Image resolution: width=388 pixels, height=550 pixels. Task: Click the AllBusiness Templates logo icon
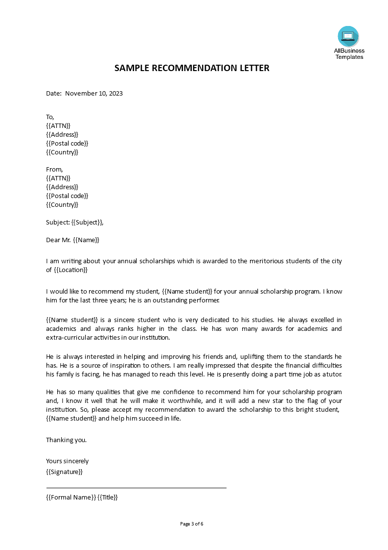tap(348, 36)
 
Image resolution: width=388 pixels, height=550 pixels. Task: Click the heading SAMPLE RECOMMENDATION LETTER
tap(192, 68)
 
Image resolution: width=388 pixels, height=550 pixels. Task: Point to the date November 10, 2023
tap(94, 93)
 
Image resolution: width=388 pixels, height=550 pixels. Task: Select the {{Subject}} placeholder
tap(87, 222)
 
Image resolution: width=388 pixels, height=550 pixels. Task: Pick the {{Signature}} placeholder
tap(64, 472)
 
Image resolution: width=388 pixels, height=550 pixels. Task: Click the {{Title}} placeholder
tap(108, 497)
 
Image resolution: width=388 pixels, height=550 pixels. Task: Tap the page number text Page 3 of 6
tap(192, 524)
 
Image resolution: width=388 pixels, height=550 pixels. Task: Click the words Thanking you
tap(66, 440)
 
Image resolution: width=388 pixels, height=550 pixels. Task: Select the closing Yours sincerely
tap(68, 461)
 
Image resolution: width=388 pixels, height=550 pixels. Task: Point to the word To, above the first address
tap(50, 117)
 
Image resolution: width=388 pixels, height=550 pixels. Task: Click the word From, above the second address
tap(54, 169)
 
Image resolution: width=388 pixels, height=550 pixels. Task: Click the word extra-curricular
tap(69, 337)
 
